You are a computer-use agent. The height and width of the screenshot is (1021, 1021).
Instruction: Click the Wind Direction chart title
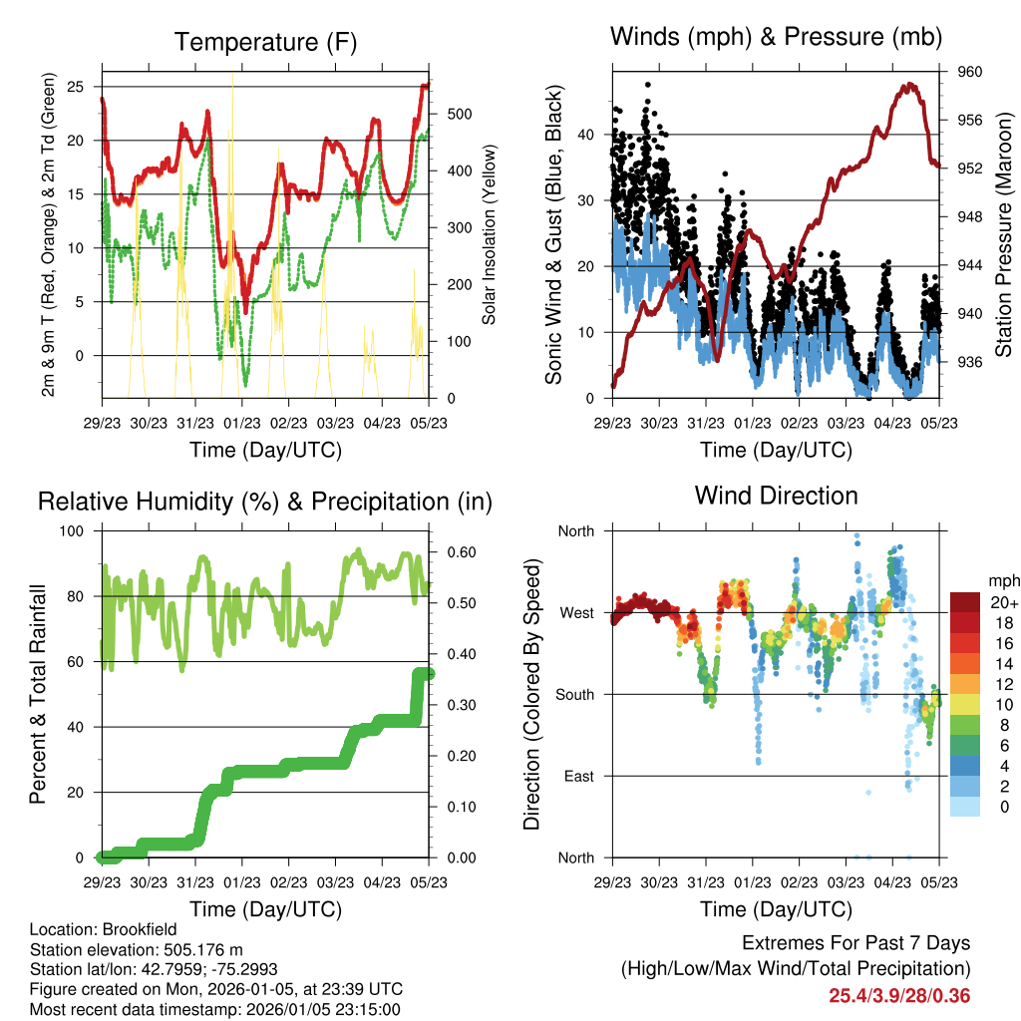776,495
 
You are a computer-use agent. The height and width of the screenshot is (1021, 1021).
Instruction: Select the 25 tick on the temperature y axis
75,87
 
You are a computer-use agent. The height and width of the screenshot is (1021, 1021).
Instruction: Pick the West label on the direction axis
576,612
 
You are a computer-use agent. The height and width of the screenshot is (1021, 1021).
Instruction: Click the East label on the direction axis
578,776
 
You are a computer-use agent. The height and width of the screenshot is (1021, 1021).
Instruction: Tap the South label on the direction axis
574,694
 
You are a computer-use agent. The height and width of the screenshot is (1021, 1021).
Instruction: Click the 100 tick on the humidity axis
74,530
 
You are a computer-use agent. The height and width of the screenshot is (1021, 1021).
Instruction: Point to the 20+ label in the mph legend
1002,601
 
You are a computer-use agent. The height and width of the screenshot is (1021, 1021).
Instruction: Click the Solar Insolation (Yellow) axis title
490,235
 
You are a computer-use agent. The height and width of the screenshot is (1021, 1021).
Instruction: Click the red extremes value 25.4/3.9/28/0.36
899,996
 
